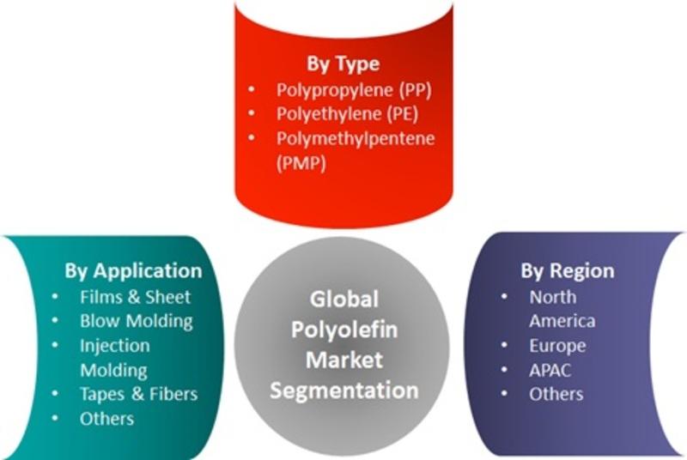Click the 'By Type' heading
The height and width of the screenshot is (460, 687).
tap(343, 64)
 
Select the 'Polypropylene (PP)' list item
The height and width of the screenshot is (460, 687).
tap(354, 90)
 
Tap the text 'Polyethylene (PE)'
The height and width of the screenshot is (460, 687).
tap(347, 114)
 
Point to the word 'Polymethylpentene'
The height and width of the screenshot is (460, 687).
tap(356, 139)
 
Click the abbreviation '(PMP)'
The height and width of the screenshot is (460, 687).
tap(301, 163)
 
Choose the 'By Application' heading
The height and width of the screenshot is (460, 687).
tap(133, 271)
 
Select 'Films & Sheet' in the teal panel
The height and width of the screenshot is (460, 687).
tap(135, 297)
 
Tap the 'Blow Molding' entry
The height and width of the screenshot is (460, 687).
tap(137, 321)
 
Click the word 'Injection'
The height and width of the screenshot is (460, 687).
tap(115, 346)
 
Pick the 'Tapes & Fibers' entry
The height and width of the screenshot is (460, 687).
tap(138, 394)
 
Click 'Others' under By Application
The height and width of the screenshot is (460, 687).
tap(106, 419)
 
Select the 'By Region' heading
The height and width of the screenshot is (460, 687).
tap(568, 271)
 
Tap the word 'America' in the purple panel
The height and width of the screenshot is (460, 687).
tap(562, 321)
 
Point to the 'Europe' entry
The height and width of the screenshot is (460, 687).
tap(557, 346)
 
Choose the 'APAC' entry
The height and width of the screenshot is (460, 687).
tap(550, 371)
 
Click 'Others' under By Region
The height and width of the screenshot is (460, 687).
tap(556, 395)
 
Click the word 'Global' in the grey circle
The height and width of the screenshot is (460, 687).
tap(344, 300)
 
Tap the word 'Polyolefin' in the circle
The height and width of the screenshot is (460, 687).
tap(344, 330)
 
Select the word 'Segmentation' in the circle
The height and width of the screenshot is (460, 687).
tap(344, 390)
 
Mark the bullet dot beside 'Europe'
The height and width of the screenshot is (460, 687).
tap(504, 345)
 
